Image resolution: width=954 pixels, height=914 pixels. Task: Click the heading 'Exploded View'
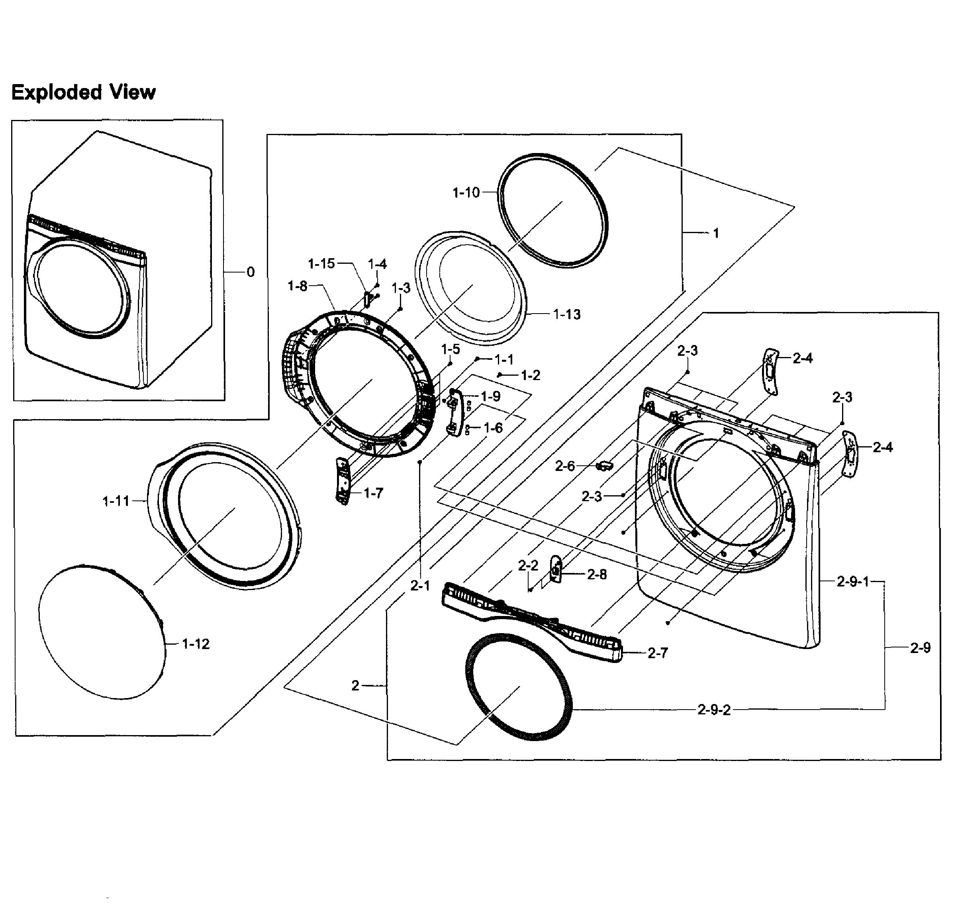[x=83, y=92]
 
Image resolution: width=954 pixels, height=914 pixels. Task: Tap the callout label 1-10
[x=466, y=193]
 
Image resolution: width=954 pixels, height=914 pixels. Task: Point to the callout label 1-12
[x=196, y=644]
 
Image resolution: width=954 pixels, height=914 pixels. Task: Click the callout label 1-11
[x=116, y=501]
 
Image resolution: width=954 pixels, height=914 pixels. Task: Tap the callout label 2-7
[x=658, y=653]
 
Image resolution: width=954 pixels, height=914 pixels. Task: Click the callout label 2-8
[x=597, y=575]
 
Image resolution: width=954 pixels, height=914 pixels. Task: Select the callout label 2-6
[x=565, y=467]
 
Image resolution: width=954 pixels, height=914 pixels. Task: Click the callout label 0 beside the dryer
[x=251, y=272]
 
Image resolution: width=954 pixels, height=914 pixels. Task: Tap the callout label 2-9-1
[x=853, y=582]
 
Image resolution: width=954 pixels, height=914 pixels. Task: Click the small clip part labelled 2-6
[x=604, y=466]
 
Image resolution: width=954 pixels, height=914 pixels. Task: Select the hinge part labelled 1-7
[x=343, y=481]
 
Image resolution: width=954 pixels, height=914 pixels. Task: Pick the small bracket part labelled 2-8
[x=556, y=568]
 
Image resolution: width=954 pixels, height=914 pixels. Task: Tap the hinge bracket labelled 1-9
[x=453, y=413]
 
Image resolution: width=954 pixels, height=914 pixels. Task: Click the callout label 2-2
[x=528, y=566]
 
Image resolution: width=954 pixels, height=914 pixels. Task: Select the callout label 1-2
[x=531, y=375]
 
